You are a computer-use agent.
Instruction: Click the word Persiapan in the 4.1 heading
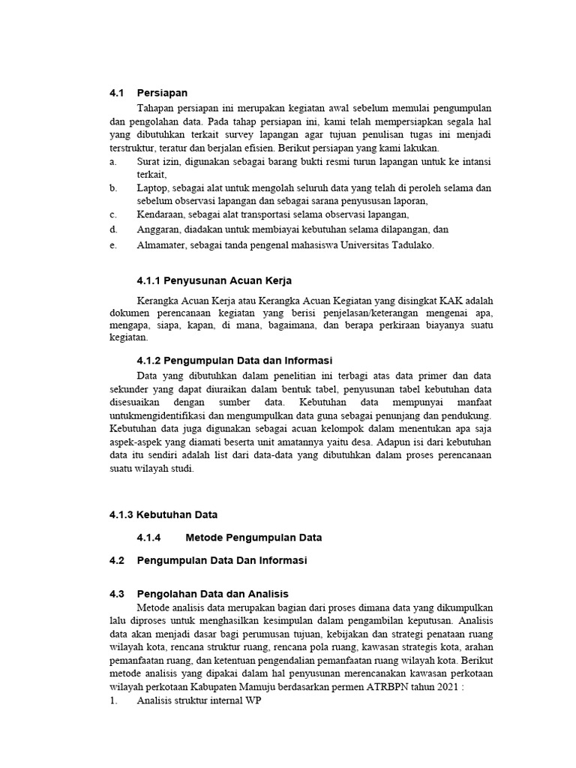point(162,94)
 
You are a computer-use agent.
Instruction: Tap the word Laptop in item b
point(152,188)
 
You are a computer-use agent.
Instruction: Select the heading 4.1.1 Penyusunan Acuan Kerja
point(208,281)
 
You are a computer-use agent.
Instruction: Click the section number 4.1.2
point(151,361)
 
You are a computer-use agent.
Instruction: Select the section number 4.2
point(117,560)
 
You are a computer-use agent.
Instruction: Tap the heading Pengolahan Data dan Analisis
point(212,593)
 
